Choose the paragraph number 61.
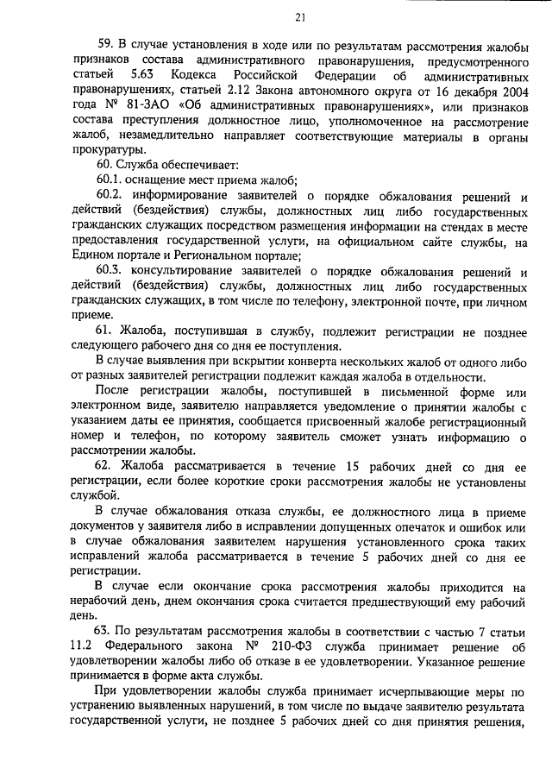click(x=104, y=331)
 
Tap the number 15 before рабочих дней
click(x=351, y=467)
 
